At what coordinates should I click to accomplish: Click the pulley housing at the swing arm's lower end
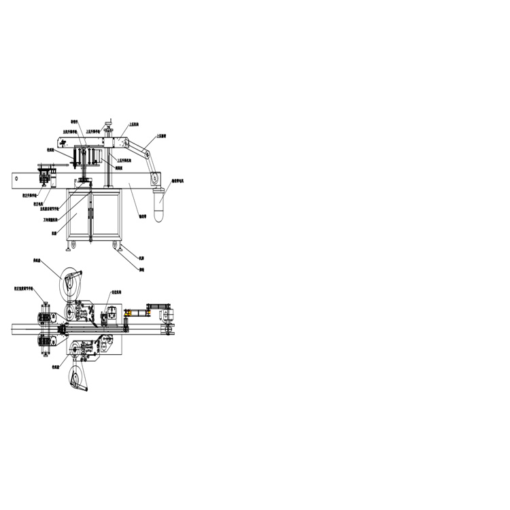pyautogui.click(x=156, y=180)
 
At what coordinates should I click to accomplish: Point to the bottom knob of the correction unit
pyautogui.click(x=44, y=354)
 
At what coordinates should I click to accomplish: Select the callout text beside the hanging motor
pyautogui.click(x=178, y=181)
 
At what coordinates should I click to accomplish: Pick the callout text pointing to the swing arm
pyautogui.click(x=161, y=135)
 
